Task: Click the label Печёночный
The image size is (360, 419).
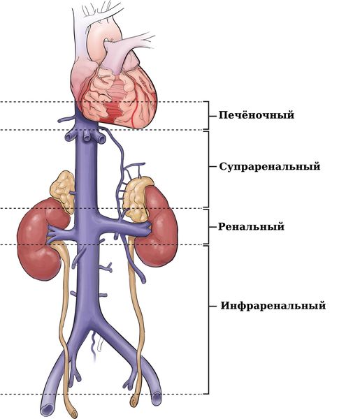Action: [x=257, y=115]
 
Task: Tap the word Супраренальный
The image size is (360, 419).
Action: [x=270, y=166]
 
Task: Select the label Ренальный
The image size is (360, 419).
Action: [x=251, y=226]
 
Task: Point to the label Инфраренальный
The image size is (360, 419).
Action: [x=273, y=305]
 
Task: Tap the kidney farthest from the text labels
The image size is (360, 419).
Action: [x=40, y=240]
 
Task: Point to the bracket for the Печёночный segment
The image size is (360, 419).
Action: [x=208, y=116]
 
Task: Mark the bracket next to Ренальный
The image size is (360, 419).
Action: [x=208, y=226]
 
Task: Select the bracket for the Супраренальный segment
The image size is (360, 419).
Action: [x=208, y=168]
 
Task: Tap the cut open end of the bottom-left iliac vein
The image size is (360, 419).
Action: [x=48, y=409]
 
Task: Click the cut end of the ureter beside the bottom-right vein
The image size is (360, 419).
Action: [x=133, y=401]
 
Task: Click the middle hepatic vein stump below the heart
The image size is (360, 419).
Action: [x=87, y=136]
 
